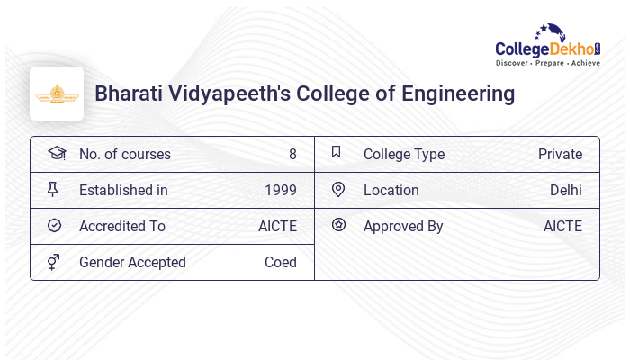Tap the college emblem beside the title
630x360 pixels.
point(57,94)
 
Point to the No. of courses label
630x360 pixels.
point(125,154)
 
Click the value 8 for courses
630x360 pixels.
point(292,154)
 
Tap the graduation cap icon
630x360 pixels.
point(56,153)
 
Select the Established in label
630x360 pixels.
point(123,190)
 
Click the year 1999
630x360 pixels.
point(281,190)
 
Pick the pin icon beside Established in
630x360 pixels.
point(53,189)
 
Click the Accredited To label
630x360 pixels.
point(122,226)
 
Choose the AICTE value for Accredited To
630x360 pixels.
point(277,226)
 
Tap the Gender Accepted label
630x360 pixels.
point(132,262)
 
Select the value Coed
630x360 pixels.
point(281,262)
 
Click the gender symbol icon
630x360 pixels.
point(54,262)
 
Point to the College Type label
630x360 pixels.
point(404,154)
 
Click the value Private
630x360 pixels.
point(560,154)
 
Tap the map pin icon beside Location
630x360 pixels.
point(338,189)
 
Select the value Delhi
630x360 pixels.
point(566,190)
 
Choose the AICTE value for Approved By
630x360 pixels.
point(562,226)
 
